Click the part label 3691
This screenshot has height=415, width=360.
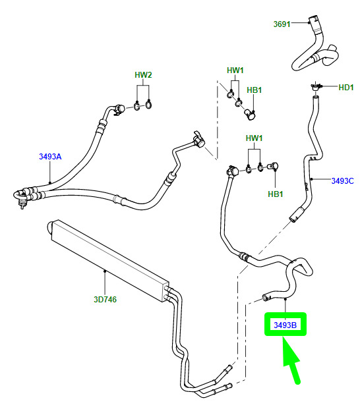tap(282, 24)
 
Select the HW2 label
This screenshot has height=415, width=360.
tap(143, 75)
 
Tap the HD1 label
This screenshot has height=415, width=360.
tap(346, 88)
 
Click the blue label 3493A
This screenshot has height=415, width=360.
tap(50, 156)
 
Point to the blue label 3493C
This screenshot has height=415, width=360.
tap(342, 180)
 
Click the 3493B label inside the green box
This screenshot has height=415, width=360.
tap(285, 325)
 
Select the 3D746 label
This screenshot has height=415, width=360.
tap(105, 299)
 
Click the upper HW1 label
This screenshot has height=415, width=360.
tap(235, 70)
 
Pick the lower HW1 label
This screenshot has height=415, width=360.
tap(254, 138)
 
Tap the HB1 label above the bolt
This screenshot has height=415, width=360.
tap(254, 90)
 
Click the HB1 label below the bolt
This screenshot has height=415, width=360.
tap(275, 194)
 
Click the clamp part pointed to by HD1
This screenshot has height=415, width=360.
tap(315, 87)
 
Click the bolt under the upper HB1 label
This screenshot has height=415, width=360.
tap(249, 115)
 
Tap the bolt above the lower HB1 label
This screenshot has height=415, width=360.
tap(272, 167)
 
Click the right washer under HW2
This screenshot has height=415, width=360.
tap(148, 105)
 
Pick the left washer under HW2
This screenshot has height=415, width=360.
tap(137, 107)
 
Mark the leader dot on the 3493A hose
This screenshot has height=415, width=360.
tap(50, 182)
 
